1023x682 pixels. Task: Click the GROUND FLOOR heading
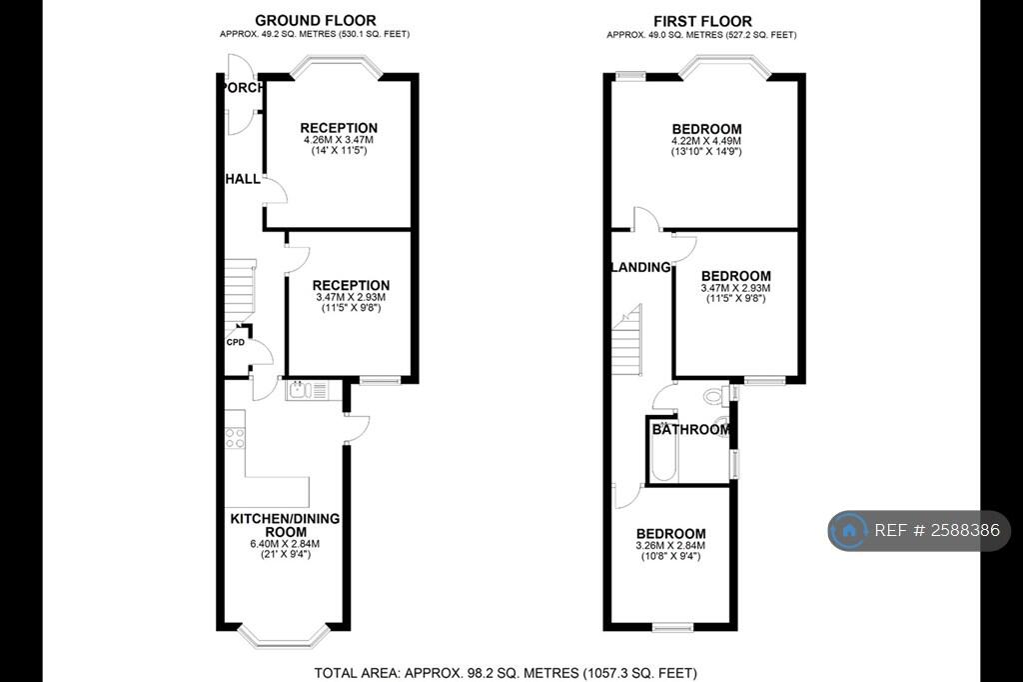coord(315,20)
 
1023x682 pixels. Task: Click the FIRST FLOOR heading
coord(701,21)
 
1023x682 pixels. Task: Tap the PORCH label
coord(243,88)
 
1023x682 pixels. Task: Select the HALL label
coord(242,179)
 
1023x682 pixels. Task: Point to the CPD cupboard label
coord(236,342)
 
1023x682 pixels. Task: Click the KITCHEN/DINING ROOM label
coord(285,525)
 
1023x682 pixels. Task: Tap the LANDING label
coord(640,267)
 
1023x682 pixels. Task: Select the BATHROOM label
coord(691,430)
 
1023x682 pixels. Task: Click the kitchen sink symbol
coord(301,391)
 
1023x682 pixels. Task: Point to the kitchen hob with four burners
coord(236,437)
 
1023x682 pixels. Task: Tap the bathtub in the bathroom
coord(663,455)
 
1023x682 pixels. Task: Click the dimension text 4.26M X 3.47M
coord(339,141)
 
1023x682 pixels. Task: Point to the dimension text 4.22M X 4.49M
coord(706,142)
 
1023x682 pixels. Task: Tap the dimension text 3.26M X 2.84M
coord(670,545)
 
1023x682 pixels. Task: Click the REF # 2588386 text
coord(936,530)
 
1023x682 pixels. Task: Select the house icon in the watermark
coord(850,530)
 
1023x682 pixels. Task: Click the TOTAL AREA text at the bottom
coord(506,673)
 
